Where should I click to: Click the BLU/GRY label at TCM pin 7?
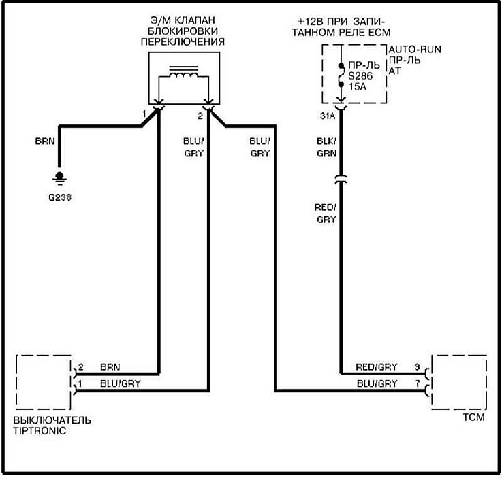pos(376,383)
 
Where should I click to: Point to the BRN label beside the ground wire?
pos(44,143)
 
